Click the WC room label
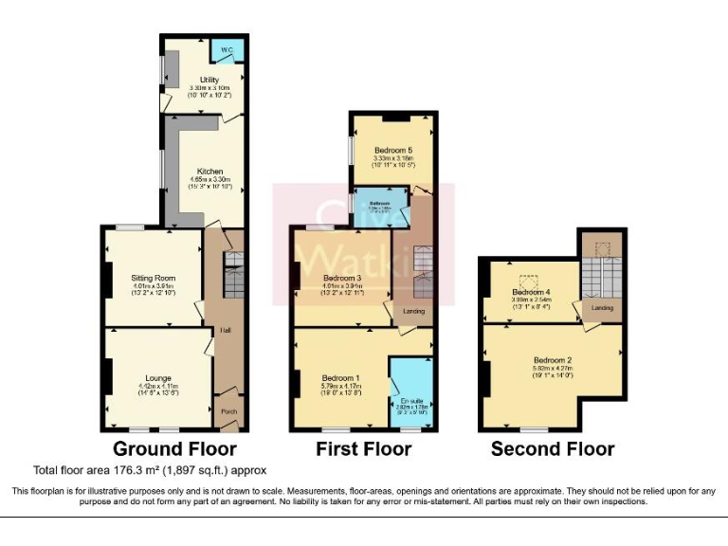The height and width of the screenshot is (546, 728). pos(227,49)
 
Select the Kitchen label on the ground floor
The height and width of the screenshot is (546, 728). pos(209,172)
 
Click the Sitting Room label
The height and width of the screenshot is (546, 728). pos(154,278)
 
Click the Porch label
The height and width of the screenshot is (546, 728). pos(228,411)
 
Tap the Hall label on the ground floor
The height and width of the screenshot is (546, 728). pos(226,330)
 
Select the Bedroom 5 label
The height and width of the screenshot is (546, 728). pos(392,150)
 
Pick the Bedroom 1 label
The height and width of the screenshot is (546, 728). pos(338,378)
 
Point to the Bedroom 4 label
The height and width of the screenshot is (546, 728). pos(532,291)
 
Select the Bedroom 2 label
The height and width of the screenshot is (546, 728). pos(552,360)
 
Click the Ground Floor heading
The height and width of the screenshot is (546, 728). pos(174,448)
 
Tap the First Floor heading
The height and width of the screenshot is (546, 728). pos(365,448)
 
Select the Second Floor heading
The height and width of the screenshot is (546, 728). pos(553,448)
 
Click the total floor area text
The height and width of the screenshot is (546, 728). pos(150,469)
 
